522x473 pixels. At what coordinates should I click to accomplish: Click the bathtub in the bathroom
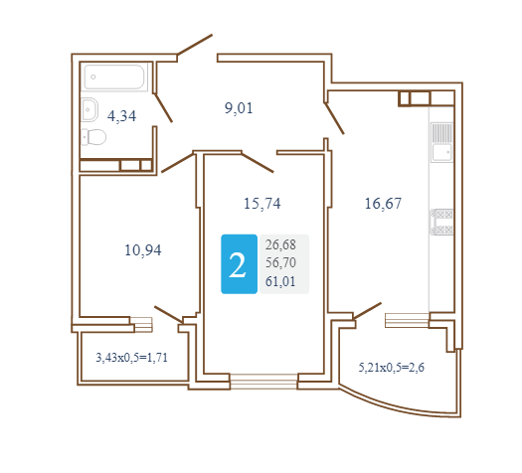[114, 77]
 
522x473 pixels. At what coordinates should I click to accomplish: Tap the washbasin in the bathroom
[89, 109]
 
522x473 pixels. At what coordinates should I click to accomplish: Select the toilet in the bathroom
[93, 137]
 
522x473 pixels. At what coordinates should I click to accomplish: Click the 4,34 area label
[121, 116]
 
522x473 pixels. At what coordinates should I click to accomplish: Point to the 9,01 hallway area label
[239, 108]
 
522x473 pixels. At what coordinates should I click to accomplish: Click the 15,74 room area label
[262, 204]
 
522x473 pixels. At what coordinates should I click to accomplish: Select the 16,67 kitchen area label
[383, 204]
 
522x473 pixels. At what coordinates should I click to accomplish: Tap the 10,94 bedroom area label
[143, 250]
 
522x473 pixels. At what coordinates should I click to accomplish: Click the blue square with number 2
[239, 264]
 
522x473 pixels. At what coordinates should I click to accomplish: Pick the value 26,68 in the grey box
[280, 244]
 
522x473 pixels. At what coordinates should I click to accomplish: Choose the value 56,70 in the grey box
[280, 262]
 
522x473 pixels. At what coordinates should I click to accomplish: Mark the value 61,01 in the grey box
[280, 281]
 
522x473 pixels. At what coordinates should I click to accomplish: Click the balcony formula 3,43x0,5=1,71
[131, 358]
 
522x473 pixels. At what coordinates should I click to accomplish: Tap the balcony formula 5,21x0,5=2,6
[391, 368]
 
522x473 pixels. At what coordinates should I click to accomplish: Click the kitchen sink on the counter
[441, 142]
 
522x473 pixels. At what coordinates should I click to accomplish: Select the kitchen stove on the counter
[441, 222]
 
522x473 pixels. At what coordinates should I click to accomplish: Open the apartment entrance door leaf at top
[195, 45]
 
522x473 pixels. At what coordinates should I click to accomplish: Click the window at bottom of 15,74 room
[263, 382]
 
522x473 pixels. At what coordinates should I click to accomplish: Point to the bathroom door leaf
[163, 107]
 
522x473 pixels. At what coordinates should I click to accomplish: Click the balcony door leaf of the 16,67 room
[367, 311]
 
